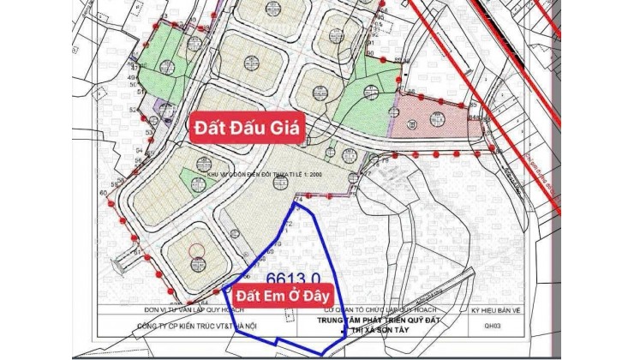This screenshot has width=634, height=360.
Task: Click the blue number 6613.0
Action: coord(294,278)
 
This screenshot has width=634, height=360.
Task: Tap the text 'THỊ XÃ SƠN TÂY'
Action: coord(378,328)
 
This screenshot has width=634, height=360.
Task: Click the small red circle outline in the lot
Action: coord(196,250)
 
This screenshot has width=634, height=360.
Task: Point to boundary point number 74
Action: coord(299,198)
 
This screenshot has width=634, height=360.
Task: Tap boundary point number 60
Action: coord(104,194)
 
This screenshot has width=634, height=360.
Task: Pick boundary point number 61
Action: coord(136,252)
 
